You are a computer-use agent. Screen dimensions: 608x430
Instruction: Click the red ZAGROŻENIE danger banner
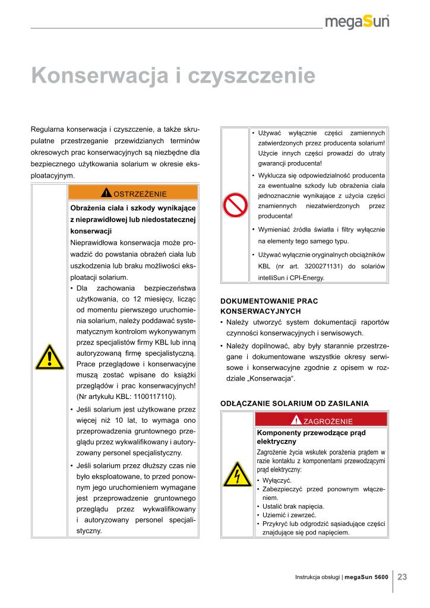click(x=321, y=421)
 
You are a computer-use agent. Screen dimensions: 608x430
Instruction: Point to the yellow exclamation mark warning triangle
click(x=49, y=357)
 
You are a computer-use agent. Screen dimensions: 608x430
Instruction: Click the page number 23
click(x=402, y=577)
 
